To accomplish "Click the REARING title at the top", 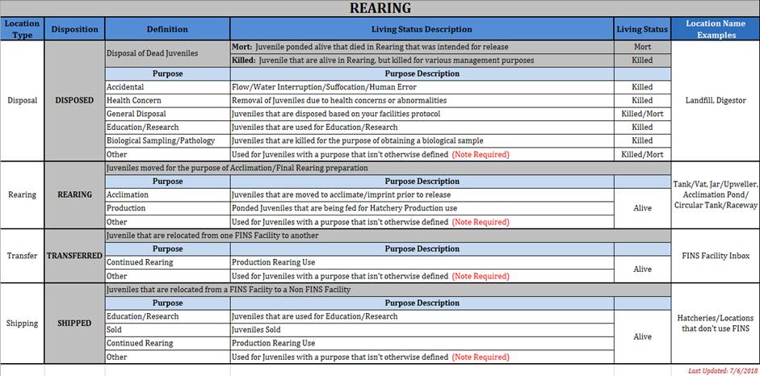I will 380,9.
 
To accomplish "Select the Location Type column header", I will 22,29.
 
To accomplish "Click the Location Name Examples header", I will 715,29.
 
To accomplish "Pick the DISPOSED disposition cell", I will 74,101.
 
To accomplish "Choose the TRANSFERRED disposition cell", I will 74,256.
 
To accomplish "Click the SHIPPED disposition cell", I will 74,324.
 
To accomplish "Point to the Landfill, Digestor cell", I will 715,101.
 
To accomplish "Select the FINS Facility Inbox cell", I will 715,256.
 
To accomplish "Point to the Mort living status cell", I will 642,47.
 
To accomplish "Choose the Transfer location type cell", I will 22,256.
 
